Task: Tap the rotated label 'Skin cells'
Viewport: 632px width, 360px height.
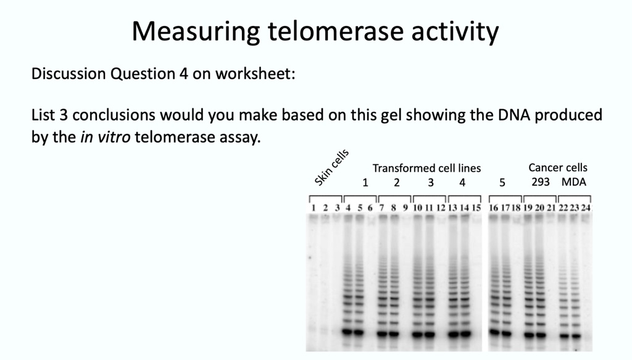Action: click(331, 167)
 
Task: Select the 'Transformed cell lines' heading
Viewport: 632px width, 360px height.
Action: click(426, 168)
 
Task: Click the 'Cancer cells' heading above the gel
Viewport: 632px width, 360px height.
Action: click(558, 167)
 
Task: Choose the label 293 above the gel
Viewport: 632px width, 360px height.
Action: click(540, 182)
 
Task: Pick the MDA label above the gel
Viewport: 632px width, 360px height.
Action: click(573, 182)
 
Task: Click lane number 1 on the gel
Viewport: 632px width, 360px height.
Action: click(314, 208)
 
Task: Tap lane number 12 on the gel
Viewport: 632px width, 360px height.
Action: click(441, 208)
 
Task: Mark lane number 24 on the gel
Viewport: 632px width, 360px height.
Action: click(586, 208)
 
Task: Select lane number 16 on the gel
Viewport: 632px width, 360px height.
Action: click(493, 208)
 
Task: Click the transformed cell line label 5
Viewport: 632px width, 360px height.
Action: click(502, 182)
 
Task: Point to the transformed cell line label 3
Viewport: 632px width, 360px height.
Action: click(431, 182)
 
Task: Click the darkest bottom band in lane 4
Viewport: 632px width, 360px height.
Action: click(348, 332)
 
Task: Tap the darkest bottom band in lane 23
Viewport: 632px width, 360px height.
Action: click(575, 334)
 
